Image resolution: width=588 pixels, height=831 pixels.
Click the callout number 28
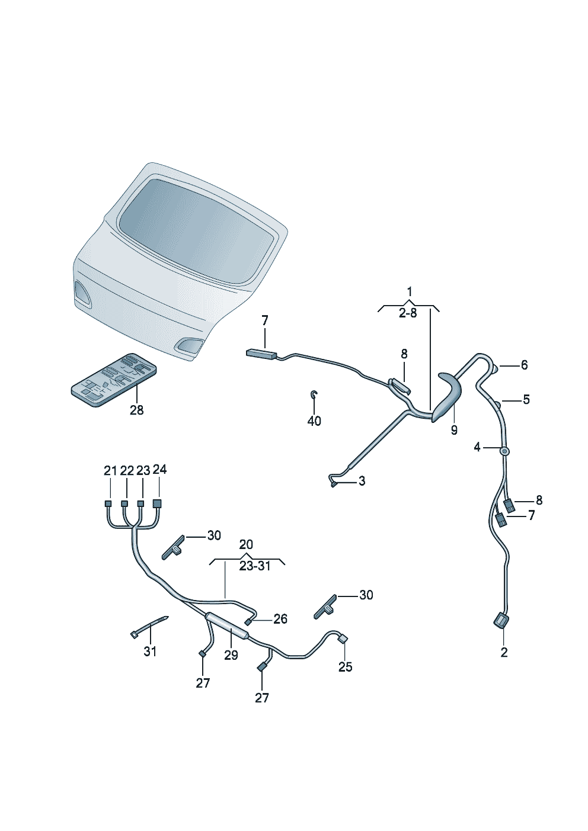pos(136,410)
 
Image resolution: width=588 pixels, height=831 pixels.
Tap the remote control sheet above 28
pos(113,380)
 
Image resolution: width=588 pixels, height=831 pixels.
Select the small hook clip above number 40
pos(314,394)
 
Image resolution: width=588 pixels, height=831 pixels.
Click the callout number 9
pos(454,430)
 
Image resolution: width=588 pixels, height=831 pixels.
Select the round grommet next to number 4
pos(504,451)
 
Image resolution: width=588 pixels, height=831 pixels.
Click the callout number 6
pos(524,365)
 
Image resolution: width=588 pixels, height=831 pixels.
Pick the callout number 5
pos(526,400)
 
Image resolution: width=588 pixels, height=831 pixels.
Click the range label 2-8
pos(408,313)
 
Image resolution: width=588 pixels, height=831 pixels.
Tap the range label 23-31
pos(255,577)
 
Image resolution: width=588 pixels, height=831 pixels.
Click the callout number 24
pos(159,470)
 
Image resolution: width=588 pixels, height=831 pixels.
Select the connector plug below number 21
pos(108,503)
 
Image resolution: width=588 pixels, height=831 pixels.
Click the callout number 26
pos(280,618)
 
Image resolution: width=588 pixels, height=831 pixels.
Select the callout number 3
pos(362,481)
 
